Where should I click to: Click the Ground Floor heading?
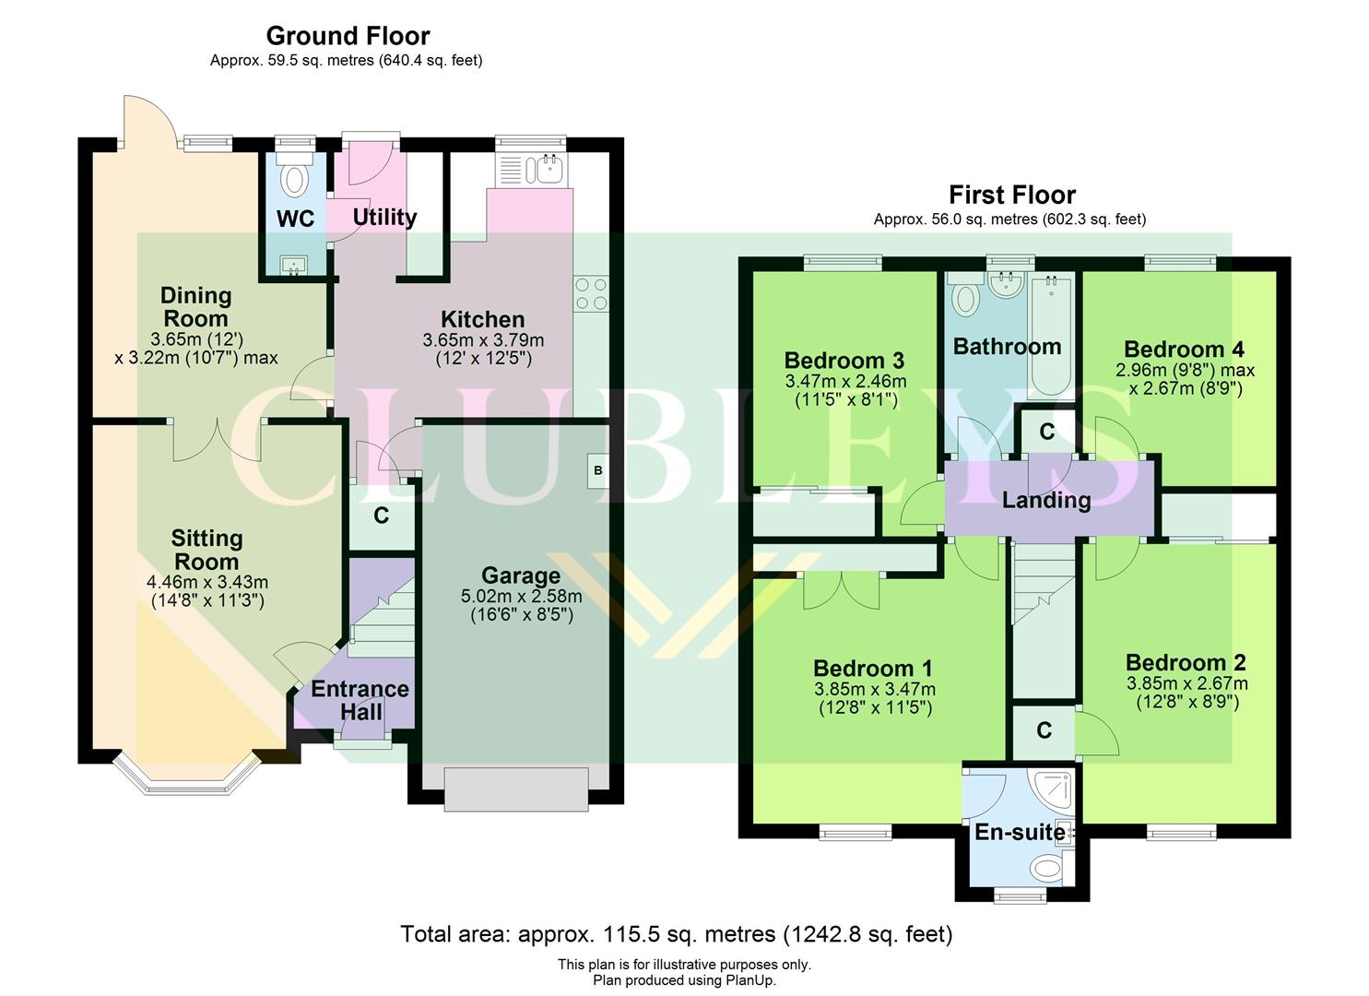[348, 36]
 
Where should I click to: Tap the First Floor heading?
[1011, 196]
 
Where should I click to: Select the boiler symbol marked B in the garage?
[597, 471]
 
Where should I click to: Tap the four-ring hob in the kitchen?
[591, 293]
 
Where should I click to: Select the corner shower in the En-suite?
[1055, 789]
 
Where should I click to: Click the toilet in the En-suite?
[1047, 867]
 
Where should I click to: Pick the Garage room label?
[521, 576]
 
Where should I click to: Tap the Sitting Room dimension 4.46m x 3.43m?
[207, 582]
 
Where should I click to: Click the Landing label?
[1046, 501]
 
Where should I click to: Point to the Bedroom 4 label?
[1184, 350]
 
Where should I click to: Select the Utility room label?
[384, 218]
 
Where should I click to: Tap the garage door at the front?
[516, 789]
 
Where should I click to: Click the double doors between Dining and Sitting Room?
[218, 439]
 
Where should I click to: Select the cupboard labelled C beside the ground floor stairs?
[381, 516]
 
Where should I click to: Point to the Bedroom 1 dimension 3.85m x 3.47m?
[874, 689]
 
